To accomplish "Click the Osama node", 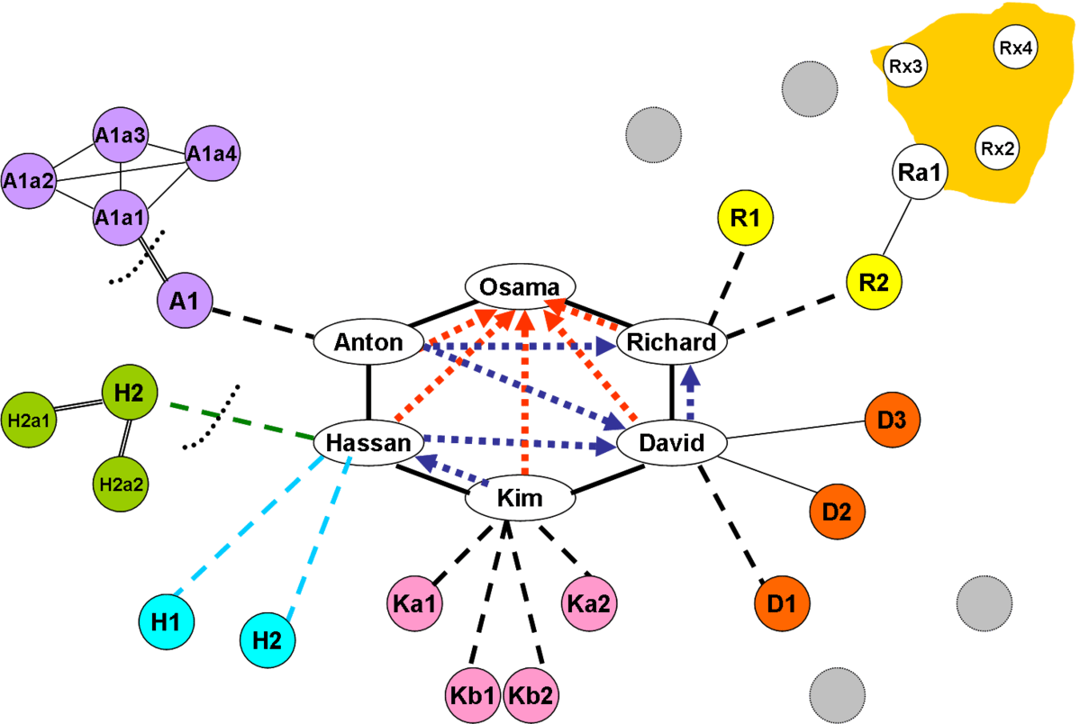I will click(520, 286).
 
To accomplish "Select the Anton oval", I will click(368, 342).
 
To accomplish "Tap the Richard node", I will click(671, 342).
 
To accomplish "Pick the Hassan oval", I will click(368, 442).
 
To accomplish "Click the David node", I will click(671, 442).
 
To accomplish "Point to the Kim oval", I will click(520, 497).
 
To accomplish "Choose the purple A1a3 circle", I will click(121, 137).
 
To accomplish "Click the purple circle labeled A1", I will click(184, 299).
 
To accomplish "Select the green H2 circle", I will click(130, 393).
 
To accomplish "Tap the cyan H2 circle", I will click(267, 640).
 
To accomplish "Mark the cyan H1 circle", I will click(167, 620).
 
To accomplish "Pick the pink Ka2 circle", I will click(588, 602).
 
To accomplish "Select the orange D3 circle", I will click(893, 419).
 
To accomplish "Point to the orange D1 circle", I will click(782, 601).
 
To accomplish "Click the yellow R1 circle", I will click(746, 218).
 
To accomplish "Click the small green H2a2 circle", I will click(121, 484).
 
